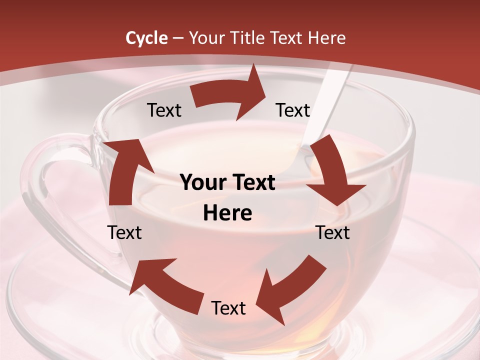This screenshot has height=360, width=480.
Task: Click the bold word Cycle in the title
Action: [x=146, y=38]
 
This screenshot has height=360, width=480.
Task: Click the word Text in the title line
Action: [x=287, y=38]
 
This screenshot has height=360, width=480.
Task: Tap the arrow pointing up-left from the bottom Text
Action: [x=165, y=285]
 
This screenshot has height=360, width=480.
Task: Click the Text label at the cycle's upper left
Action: [x=164, y=110]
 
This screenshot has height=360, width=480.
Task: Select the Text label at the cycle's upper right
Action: [x=293, y=110]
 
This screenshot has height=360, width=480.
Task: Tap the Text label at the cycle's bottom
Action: [x=228, y=308]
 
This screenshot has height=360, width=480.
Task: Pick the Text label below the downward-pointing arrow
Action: [x=332, y=232]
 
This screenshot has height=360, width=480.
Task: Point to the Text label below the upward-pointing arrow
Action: [x=125, y=232]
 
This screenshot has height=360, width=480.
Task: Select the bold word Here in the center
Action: [x=227, y=213]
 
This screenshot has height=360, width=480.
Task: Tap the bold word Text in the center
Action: [x=253, y=183]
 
